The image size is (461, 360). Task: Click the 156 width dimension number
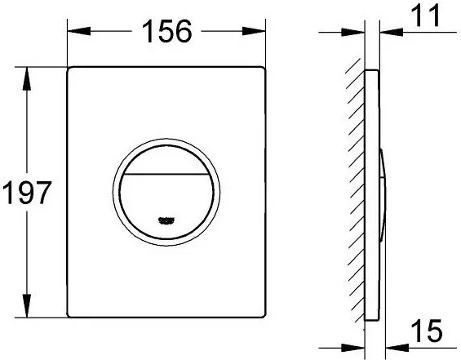pyautogui.click(x=166, y=31)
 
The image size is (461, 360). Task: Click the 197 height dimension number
pyautogui.click(x=27, y=193)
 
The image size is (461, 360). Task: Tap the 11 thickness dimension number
pyautogui.click(x=425, y=16)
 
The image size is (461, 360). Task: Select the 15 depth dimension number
pyautogui.click(x=427, y=331)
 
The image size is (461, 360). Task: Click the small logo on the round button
pyautogui.click(x=166, y=221)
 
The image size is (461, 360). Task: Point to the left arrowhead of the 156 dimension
pyautogui.click(x=79, y=31)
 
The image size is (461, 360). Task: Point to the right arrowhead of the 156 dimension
pyautogui.click(x=254, y=31)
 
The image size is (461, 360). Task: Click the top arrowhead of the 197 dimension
pyautogui.click(x=27, y=79)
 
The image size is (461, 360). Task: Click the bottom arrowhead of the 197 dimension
pyautogui.click(x=27, y=306)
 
